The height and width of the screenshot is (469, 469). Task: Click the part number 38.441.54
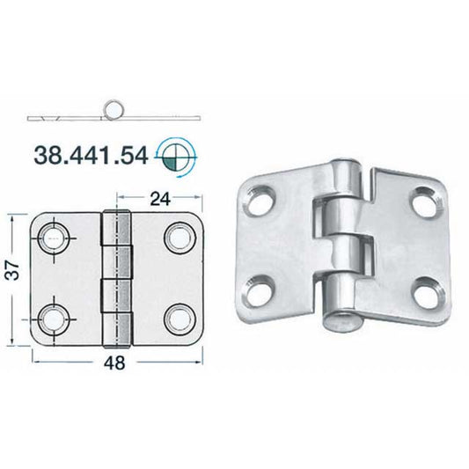coord(91,156)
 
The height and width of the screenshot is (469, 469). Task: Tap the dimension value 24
coord(160,199)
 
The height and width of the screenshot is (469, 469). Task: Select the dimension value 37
coord(14,270)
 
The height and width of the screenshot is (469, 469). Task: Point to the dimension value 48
coord(114,363)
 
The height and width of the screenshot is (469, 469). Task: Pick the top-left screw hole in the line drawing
coord(54,238)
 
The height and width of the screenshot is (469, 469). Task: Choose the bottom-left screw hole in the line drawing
coord(54,319)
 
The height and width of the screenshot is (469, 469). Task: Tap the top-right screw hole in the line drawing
coord(180,238)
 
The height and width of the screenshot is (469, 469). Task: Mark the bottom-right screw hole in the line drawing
coord(180,319)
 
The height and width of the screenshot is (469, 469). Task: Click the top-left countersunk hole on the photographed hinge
coord(260,201)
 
